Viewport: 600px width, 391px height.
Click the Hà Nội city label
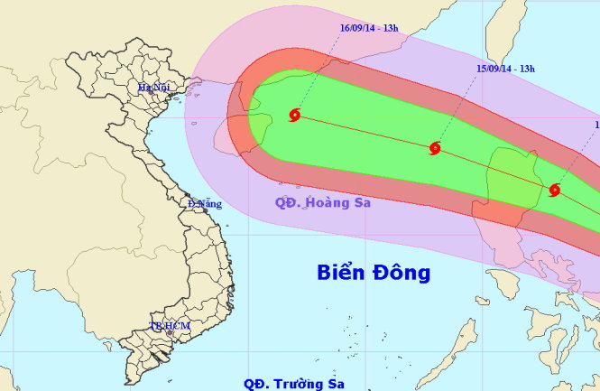[154, 88]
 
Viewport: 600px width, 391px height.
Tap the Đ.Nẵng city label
[205, 204]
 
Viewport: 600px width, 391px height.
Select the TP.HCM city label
[166, 326]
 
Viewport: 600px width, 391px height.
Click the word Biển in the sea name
[345, 272]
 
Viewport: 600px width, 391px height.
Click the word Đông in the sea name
[403, 272]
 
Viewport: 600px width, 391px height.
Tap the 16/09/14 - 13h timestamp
[369, 28]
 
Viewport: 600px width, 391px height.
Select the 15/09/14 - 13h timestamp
[506, 68]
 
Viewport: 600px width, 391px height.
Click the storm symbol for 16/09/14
[295, 115]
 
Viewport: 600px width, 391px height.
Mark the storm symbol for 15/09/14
[436, 147]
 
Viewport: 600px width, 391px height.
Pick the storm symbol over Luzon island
[555, 190]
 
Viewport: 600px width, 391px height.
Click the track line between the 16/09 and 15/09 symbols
[365, 131]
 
